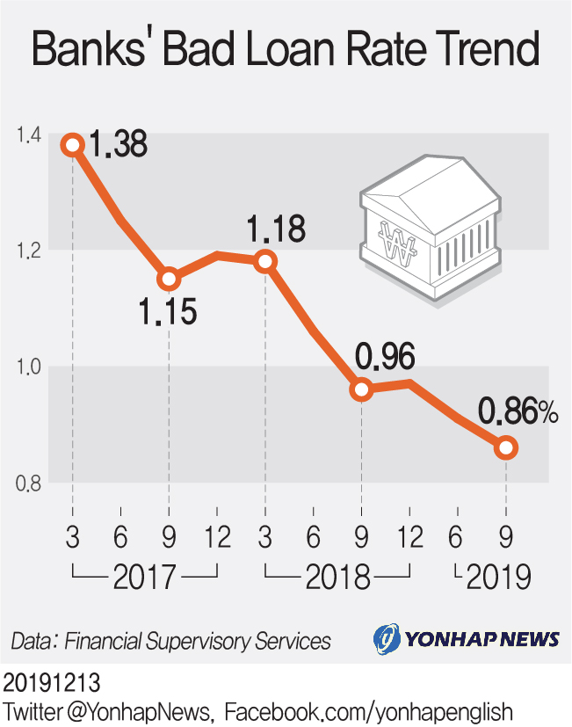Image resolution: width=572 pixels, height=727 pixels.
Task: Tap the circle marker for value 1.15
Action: point(168,280)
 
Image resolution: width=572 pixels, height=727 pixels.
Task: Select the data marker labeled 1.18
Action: point(264,261)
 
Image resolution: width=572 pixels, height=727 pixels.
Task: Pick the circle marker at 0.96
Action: point(361,389)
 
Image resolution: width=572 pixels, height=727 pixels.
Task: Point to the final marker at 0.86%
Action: point(505,448)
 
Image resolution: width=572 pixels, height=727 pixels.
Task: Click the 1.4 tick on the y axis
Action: point(28,134)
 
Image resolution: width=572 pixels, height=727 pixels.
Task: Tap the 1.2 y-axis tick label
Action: point(28,251)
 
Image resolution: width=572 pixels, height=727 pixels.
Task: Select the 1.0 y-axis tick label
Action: point(28,367)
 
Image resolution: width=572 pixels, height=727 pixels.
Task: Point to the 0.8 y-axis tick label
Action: point(28,483)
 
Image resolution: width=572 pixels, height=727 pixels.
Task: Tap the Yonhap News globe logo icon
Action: point(387,638)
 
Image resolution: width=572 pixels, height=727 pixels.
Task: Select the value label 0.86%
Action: point(518,411)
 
